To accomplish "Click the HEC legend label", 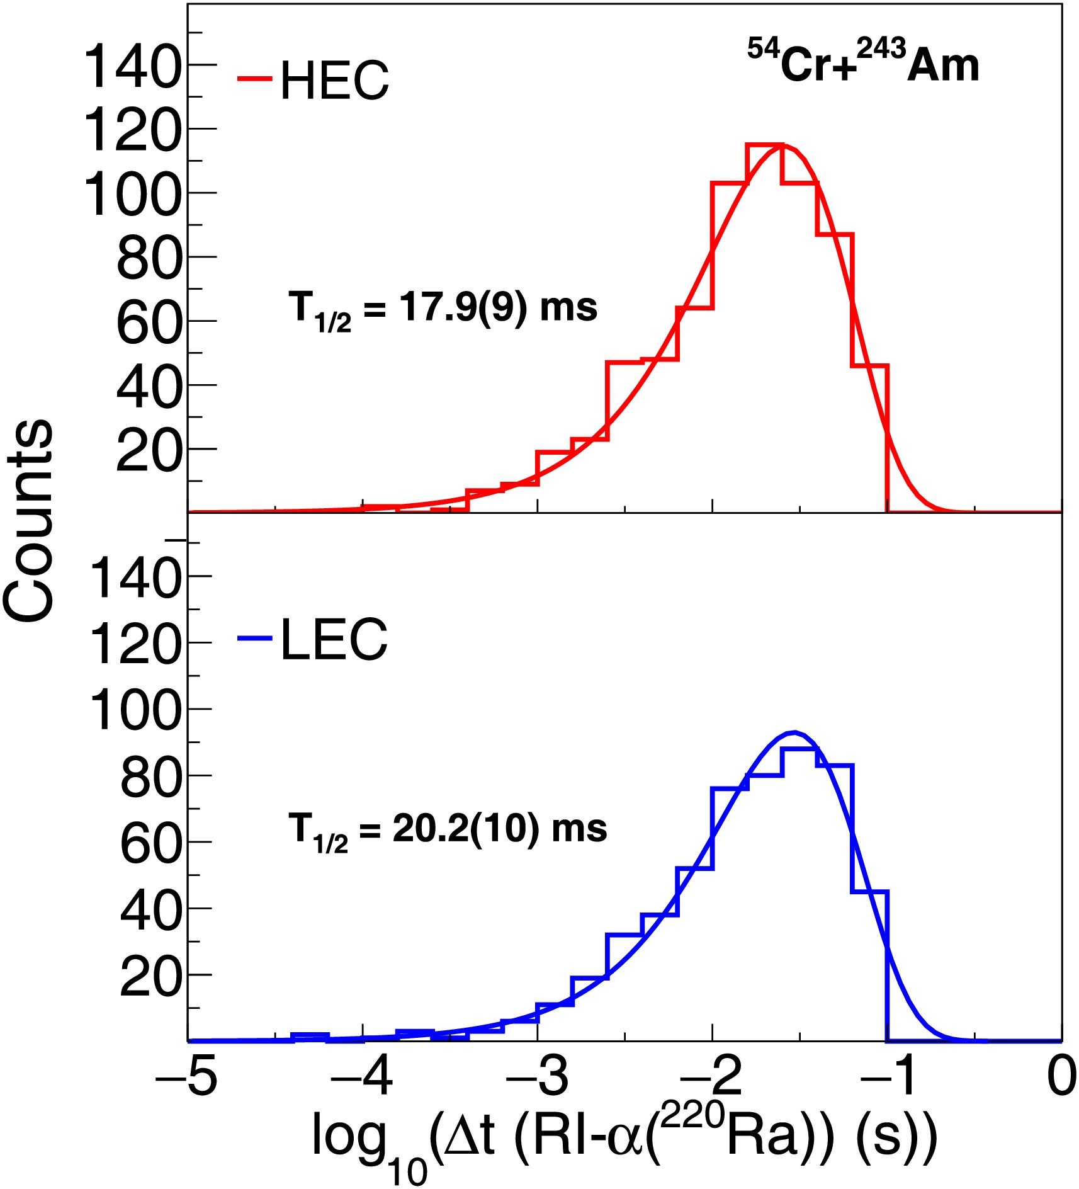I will [x=334, y=81].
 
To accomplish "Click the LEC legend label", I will [x=334, y=639].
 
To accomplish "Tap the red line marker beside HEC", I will [x=254, y=79].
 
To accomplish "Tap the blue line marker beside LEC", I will [x=254, y=639].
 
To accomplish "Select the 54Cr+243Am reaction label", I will [x=863, y=62].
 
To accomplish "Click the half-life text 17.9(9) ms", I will [x=443, y=309].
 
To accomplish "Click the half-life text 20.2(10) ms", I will [x=448, y=829].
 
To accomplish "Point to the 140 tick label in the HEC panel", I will [x=132, y=65].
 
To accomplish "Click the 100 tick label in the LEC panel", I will [x=135, y=710].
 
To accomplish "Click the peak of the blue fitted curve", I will [x=795, y=732].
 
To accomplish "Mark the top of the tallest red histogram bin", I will [x=764, y=145].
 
